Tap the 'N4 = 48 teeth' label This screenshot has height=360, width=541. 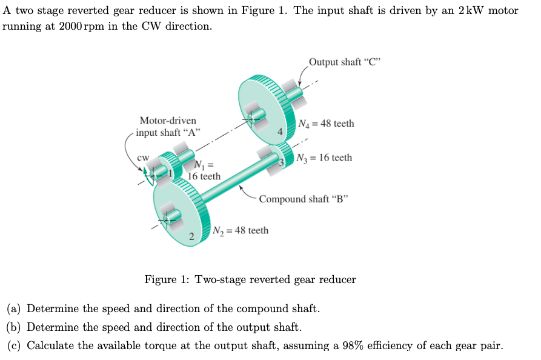[327, 124]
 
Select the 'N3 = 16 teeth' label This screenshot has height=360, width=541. [325, 158]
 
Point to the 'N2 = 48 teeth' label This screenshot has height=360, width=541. [241, 230]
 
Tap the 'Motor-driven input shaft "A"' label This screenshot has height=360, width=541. [168, 127]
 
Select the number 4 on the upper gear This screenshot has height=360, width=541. [280, 132]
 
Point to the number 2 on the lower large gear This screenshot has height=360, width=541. [191, 236]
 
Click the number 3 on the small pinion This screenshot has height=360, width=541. [281, 162]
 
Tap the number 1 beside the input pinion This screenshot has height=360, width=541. [171, 174]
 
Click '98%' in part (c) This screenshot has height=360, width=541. [368, 346]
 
